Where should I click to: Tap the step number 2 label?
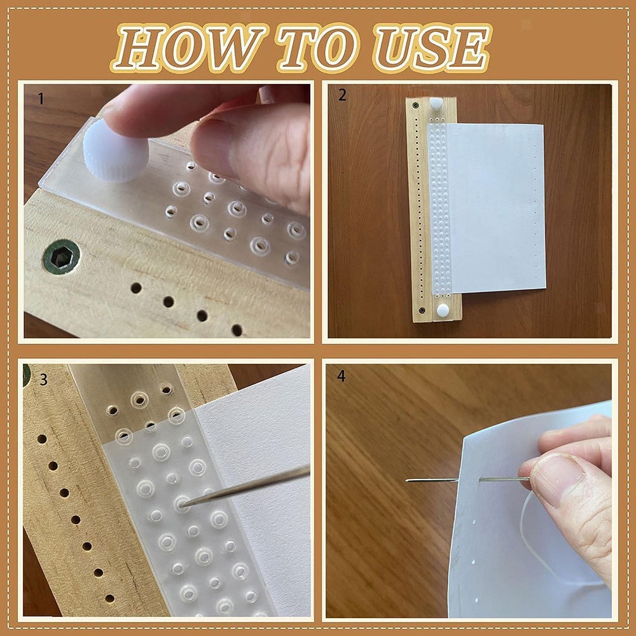[342, 95]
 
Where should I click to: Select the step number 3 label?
[43, 380]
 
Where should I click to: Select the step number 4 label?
[342, 376]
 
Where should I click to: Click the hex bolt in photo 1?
[62, 256]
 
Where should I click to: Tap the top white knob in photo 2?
[436, 103]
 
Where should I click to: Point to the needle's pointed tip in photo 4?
[408, 480]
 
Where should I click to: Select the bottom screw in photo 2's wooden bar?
[422, 310]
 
